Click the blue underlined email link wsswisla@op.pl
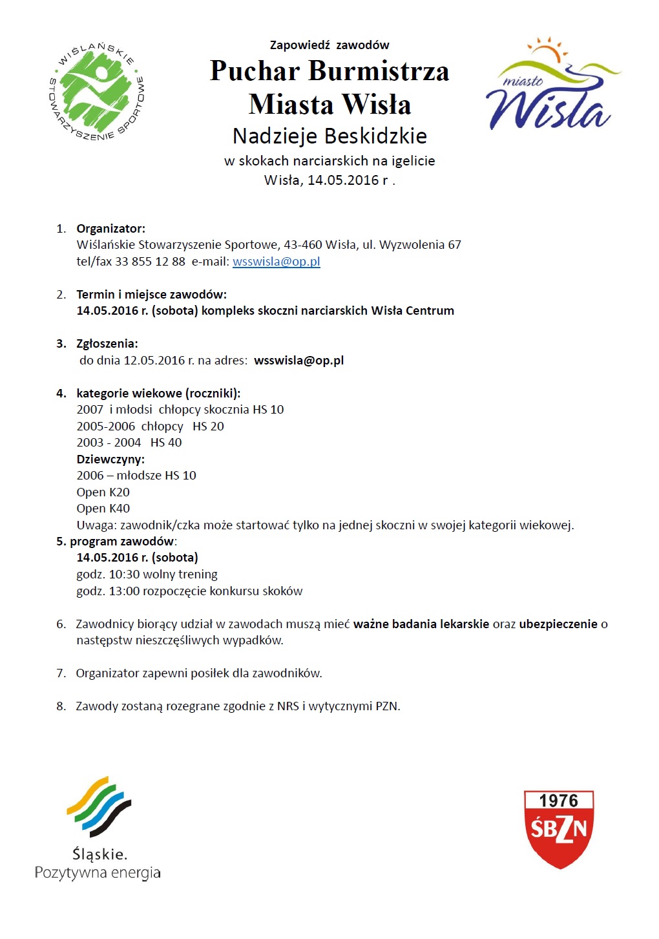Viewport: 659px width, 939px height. tap(276, 262)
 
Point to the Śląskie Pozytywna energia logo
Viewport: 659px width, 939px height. tap(98, 828)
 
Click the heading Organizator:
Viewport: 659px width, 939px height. tap(110, 229)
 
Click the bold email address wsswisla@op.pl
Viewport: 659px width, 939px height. tap(298, 361)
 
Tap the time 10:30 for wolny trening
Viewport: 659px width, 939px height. tap(123, 575)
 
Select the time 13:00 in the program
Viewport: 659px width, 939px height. tap(123, 591)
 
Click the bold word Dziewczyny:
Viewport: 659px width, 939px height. tap(110, 459)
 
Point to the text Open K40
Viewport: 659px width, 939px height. tap(103, 509)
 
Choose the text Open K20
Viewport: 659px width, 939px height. tap(103, 492)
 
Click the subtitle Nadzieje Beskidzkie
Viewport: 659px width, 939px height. tap(329, 136)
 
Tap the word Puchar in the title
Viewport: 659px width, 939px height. tap(255, 71)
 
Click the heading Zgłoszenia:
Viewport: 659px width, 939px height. tap(107, 344)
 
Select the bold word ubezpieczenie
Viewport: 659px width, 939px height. tap(558, 624)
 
